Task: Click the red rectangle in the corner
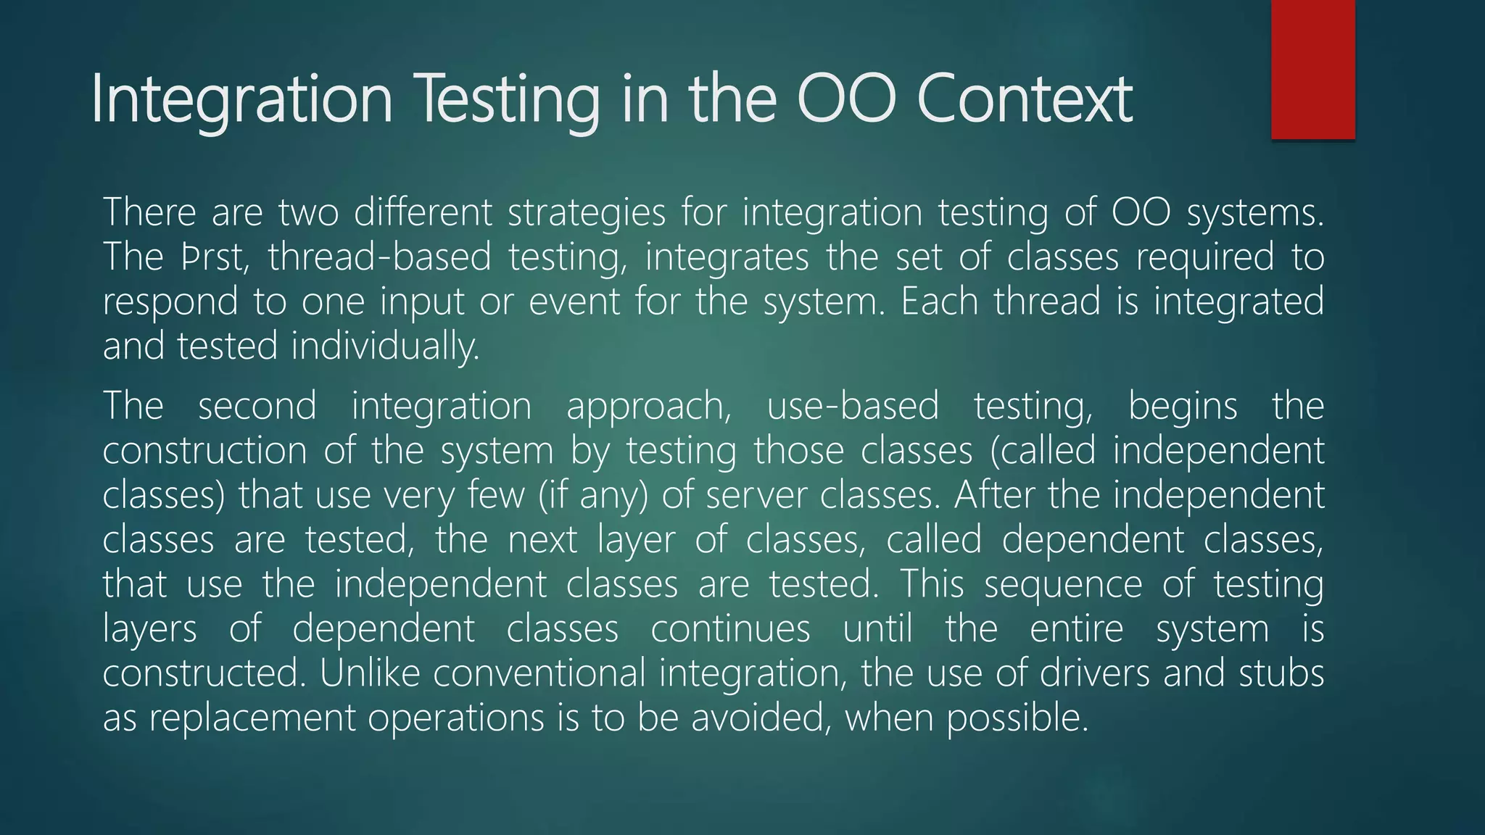coord(1312,69)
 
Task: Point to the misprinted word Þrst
coord(215,257)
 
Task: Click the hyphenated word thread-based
coord(379,257)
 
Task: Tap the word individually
coord(386,346)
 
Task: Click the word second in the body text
coord(257,406)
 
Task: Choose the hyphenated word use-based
coord(853,406)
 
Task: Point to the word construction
coord(204,451)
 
